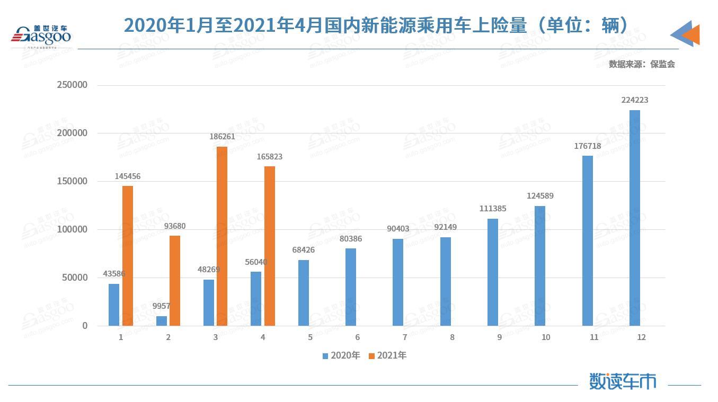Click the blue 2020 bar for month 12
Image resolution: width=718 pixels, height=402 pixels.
[x=635, y=218]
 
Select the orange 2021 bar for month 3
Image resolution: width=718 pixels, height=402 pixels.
[x=222, y=236]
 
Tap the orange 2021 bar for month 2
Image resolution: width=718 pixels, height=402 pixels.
[x=175, y=280]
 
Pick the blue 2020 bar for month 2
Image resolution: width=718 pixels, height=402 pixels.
[x=161, y=321]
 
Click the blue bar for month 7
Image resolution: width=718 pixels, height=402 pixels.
[x=398, y=282]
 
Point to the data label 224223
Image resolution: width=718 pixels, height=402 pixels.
[x=635, y=100]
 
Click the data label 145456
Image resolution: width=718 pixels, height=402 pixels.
[x=128, y=176]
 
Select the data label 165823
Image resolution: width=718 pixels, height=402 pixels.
[x=269, y=157]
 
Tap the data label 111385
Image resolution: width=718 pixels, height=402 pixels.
[x=493, y=209]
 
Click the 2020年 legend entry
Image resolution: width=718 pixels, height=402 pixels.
[x=341, y=355]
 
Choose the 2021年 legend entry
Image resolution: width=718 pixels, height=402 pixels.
[x=388, y=355]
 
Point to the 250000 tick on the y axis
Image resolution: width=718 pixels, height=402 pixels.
[x=73, y=85]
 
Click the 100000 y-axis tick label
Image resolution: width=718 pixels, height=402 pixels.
[x=73, y=229]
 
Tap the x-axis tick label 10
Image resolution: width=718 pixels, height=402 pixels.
[x=546, y=337]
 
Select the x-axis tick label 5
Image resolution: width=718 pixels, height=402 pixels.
[x=310, y=337]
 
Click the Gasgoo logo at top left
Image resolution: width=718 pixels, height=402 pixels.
[x=41, y=36]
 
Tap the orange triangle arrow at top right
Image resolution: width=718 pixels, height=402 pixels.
[x=690, y=34]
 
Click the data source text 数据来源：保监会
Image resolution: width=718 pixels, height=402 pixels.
[x=642, y=64]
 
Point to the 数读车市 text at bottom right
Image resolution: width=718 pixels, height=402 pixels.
[x=623, y=381]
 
